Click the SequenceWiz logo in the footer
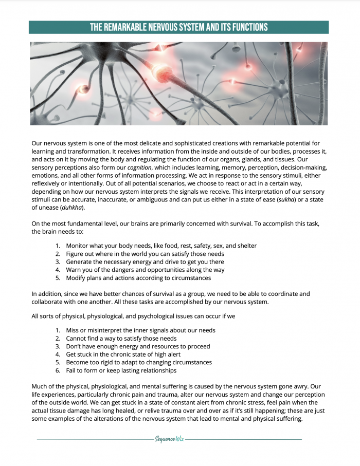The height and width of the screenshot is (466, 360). click(169, 439)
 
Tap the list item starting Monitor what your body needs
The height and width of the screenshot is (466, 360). click(161, 246)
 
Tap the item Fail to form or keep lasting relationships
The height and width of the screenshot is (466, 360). click(121, 370)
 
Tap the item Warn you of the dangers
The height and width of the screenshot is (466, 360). click(145, 270)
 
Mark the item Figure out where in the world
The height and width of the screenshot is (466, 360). click(145, 254)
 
